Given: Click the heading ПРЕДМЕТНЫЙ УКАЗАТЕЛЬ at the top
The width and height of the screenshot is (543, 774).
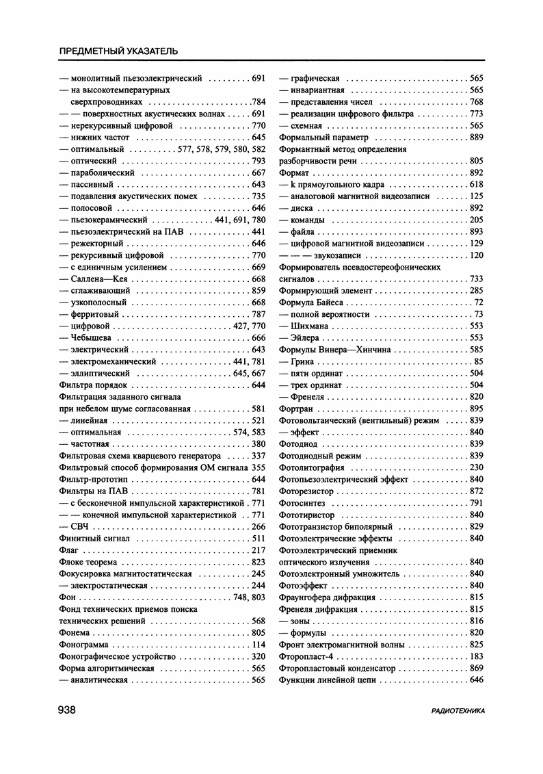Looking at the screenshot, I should tap(119, 51).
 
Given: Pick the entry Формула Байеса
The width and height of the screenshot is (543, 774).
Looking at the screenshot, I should tap(314, 302).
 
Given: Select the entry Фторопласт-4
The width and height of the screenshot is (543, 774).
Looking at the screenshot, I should tap(305, 656).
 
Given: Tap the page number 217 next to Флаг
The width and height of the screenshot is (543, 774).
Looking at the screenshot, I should tap(259, 550).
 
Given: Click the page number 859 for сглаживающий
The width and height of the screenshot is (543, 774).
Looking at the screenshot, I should tap(259, 291).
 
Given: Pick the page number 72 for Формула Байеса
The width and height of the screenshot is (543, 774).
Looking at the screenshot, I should tap(479, 302).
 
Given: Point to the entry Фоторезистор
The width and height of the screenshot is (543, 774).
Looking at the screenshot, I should tap(307, 491).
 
